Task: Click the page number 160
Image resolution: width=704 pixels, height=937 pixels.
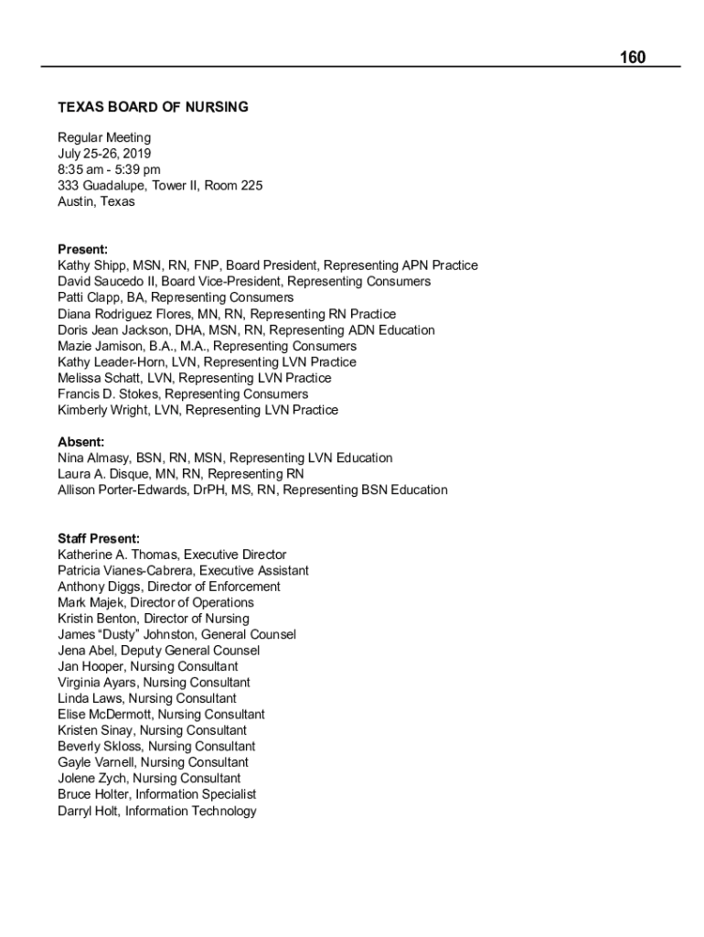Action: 632,58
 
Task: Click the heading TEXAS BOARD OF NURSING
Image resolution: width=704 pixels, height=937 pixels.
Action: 153,107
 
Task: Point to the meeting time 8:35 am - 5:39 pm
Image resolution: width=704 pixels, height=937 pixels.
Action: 109,169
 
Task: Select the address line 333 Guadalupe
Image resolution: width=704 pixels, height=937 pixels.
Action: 160,186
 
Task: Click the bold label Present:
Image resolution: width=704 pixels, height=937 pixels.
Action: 82,249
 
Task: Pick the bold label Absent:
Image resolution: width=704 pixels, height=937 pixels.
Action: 80,442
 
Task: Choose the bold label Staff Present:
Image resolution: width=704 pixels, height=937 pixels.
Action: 99,538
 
